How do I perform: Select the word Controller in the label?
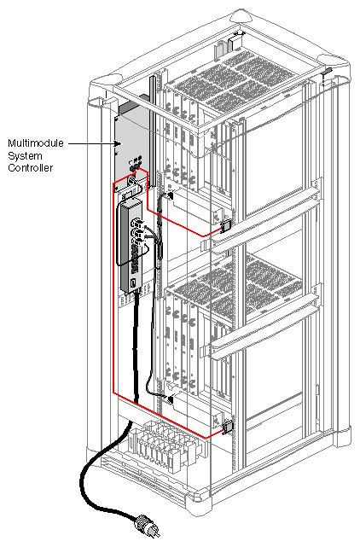[30, 168]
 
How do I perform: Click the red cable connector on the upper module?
[228, 227]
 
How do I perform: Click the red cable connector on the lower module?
[228, 428]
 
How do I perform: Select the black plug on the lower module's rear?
[171, 399]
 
